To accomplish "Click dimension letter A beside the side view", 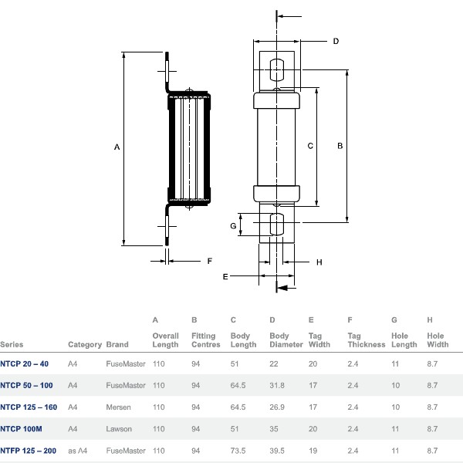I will point(117,146).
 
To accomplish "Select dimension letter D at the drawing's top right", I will point(336,41).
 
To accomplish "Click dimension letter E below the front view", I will point(225,275).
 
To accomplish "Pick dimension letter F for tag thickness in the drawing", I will point(209,261).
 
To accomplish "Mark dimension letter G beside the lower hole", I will point(232,225).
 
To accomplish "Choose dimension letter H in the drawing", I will point(319,262).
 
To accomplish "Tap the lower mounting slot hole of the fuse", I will point(277,225).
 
